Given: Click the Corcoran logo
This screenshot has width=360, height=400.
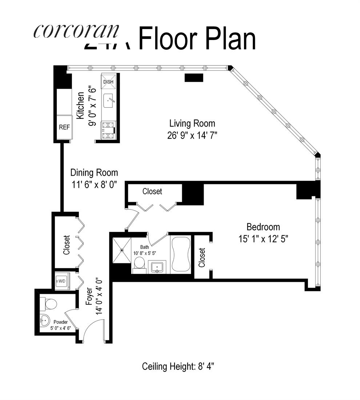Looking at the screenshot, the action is coord(76,31).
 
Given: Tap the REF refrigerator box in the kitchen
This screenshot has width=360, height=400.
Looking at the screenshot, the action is coord(64,127).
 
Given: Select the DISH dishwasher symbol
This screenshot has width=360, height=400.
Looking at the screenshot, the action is coord(108,81).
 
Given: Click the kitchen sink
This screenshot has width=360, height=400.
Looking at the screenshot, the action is coord(109,101).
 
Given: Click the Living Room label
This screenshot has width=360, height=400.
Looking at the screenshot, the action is coord(192,123).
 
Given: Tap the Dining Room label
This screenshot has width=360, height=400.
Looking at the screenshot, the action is coord(94,172).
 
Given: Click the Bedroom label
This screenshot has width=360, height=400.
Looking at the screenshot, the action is coord(263,227).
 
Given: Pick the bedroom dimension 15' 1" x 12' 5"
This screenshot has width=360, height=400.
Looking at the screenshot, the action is coord(263,239).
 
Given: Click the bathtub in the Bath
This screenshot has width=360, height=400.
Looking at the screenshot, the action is coord(181,253).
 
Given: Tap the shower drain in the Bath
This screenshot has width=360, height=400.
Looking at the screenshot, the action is coord(122,250).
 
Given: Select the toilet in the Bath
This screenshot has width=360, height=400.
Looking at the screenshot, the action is coord(139,263).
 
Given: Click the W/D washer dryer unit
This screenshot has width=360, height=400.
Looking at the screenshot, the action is coord(61,281).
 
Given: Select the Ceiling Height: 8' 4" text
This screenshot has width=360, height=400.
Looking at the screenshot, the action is coord(178,366).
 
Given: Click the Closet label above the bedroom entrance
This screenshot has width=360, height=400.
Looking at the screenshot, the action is coord(152,191).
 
